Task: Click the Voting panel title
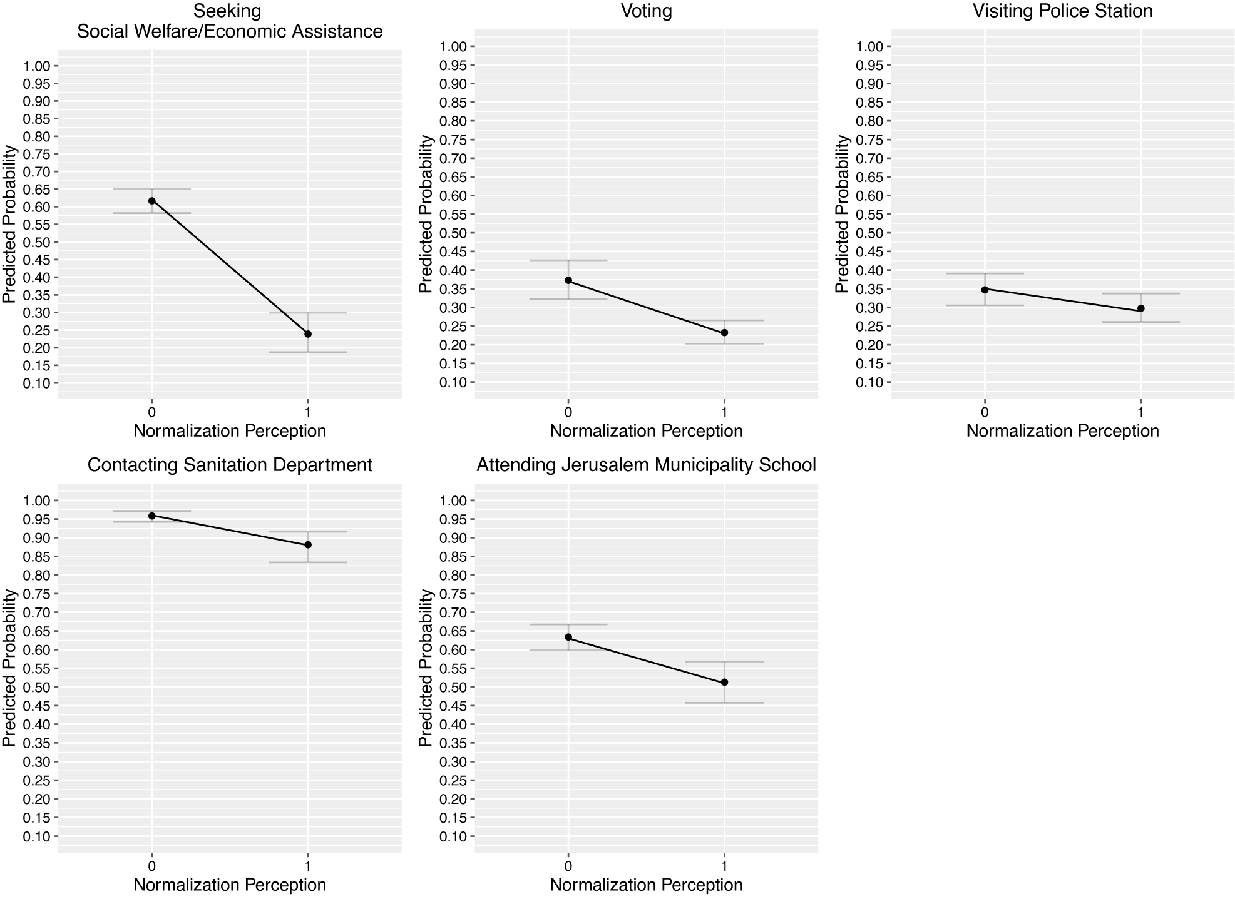(646, 11)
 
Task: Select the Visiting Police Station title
(1062, 11)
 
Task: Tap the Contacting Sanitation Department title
(230, 465)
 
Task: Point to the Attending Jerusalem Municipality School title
(646, 465)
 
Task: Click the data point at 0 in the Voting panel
(568, 280)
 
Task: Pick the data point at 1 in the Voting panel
(724, 332)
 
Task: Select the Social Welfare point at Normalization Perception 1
(308, 334)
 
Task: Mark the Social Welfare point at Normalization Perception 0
(151, 201)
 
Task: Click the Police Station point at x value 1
(1140, 308)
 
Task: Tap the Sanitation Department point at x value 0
(151, 516)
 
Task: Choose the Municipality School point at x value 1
(724, 682)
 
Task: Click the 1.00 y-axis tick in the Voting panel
(453, 46)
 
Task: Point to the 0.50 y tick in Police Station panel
(869, 233)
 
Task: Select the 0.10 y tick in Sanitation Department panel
(36, 836)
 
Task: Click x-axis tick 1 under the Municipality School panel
(724, 866)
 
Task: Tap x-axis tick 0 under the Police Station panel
(985, 412)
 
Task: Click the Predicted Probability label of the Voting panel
(426, 215)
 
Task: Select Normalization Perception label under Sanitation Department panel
(230, 885)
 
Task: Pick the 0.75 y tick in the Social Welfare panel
(36, 154)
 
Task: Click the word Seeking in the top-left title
(227, 11)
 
